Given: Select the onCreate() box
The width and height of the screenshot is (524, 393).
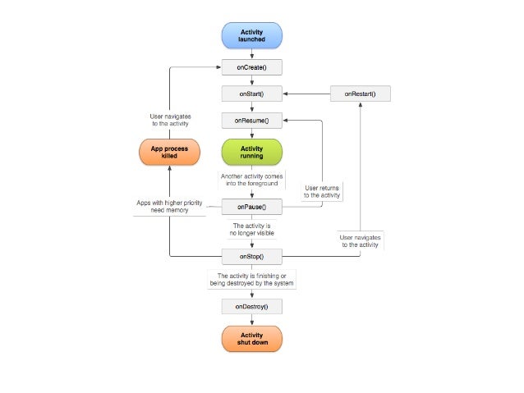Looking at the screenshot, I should click(x=251, y=68).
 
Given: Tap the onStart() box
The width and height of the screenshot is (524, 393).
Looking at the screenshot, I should click(x=251, y=94).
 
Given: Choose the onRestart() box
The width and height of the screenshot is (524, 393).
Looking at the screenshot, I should click(x=360, y=94).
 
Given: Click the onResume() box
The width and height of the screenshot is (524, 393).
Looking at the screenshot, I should click(x=251, y=121).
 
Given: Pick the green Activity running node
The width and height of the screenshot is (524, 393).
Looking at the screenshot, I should click(x=251, y=152).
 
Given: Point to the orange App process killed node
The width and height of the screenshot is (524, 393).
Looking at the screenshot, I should click(x=168, y=152).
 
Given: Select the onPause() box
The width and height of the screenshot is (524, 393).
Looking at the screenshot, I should click(x=251, y=206).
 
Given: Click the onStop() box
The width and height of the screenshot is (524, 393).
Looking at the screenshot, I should click(x=251, y=257).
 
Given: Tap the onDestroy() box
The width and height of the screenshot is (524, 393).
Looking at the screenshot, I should click(x=251, y=306).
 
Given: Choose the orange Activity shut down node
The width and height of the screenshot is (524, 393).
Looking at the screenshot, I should click(x=251, y=338).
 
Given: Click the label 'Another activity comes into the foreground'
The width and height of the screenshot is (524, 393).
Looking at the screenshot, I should click(x=251, y=181).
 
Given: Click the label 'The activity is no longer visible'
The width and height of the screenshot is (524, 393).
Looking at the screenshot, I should click(x=251, y=231).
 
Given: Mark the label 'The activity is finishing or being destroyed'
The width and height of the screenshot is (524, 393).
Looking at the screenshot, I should click(x=251, y=280).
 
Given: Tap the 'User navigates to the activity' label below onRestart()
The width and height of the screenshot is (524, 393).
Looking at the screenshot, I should click(x=360, y=240).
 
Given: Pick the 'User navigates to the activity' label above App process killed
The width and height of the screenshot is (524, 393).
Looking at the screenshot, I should click(x=170, y=121).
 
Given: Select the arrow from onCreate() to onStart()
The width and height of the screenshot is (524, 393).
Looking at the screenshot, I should click(x=251, y=81).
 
